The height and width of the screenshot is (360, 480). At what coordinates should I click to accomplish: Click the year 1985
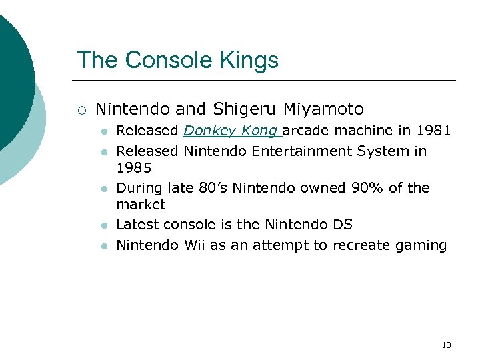pyautogui.click(x=134, y=168)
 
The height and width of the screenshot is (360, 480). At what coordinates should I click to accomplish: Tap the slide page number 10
pyautogui.click(x=446, y=345)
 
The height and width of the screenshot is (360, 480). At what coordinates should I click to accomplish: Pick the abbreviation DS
pyautogui.click(x=341, y=225)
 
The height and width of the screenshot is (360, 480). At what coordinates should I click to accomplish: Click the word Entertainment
pyautogui.click(x=301, y=151)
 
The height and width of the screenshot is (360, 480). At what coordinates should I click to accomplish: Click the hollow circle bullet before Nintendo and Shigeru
pyautogui.click(x=81, y=109)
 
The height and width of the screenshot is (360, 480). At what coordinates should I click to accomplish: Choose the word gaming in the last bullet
pyautogui.click(x=421, y=245)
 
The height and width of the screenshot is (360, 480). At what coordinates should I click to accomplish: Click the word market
pyautogui.click(x=141, y=205)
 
